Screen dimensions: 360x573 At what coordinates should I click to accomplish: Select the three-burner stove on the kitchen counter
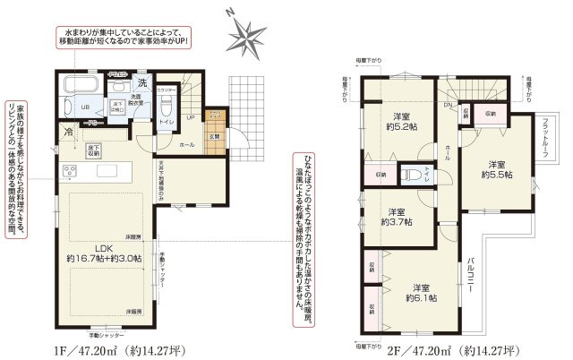[x=70, y=171]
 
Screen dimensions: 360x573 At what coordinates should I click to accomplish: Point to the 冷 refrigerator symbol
[x=69, y=132]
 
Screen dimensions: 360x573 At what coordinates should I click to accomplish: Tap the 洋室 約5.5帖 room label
[x=498, y=169]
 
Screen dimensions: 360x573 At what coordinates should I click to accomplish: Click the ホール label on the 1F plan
[x=186, y=143]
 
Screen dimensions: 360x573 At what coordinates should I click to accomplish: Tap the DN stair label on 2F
[x=447, y=103]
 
